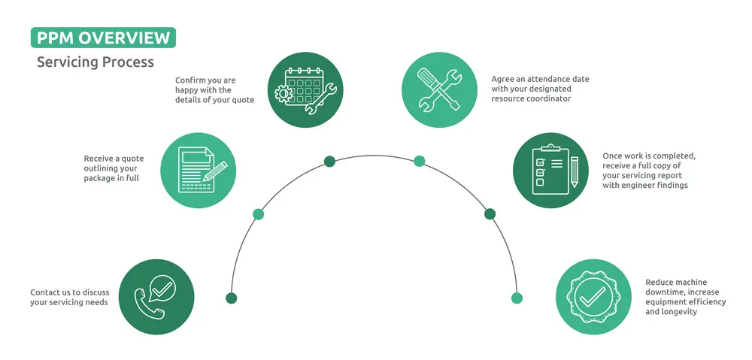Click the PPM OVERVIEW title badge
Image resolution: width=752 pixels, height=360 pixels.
103,38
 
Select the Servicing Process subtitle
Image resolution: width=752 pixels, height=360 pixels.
96,62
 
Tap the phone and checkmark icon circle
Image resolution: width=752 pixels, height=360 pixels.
156,297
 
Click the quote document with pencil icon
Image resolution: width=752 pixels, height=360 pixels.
198,170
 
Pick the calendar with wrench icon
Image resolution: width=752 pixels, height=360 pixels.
305,89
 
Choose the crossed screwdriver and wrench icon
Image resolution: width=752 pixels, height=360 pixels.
439,89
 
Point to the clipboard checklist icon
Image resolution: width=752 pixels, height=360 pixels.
550,170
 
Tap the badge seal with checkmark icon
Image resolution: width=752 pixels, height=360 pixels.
594,297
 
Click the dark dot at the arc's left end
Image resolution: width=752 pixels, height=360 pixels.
232,298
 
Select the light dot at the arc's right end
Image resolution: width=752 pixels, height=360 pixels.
517,298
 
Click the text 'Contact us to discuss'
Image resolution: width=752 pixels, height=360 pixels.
69,292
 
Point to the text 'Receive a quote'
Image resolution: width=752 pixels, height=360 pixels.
114,159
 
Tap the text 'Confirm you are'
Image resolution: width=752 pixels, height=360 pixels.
205,80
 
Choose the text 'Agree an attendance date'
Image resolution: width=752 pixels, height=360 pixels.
540,79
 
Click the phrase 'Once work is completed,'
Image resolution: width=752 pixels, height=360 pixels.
649,156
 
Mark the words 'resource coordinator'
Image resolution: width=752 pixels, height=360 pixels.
532,98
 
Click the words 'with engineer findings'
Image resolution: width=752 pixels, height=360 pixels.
645,185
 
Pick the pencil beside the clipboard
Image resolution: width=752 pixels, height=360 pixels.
575,171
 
